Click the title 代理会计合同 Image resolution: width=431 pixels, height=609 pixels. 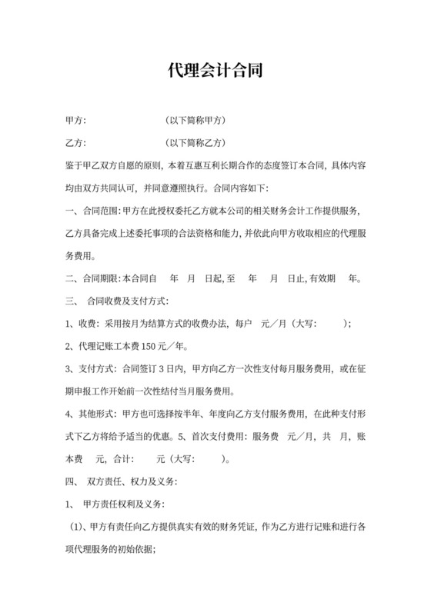(215, 72)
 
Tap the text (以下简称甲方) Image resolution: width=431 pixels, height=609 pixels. (196, 121)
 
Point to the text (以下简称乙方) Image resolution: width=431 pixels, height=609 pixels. (196, 143)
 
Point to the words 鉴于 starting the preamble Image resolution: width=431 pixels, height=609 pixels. (75, 165)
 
